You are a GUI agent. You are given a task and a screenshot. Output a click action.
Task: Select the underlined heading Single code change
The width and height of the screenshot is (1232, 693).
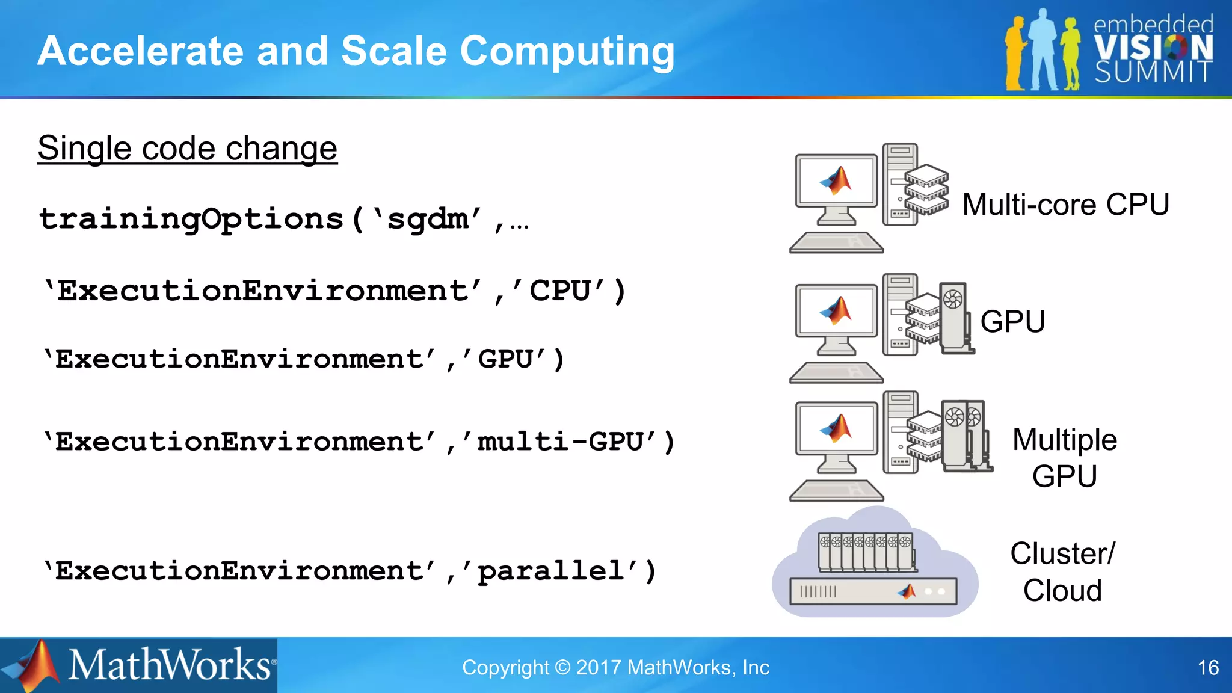pyautogui.click(x=187, y=148)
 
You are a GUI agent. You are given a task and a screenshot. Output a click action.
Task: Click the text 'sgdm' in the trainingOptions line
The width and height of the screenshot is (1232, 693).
pyautogui.click(x=428, y=218)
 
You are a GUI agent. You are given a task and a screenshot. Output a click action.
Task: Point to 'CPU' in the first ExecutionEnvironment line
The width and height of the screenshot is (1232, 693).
pyautogui.click(x=559, y=291)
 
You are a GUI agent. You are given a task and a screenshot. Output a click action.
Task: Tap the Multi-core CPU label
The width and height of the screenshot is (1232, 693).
pyautogui.click(x=1065, y=205)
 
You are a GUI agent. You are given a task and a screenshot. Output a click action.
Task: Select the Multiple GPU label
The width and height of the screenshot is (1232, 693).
pyautogui.click(x=1064, y=458)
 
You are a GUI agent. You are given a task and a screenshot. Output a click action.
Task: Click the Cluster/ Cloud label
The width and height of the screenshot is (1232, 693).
pyautogui.click(x=1062, y=571)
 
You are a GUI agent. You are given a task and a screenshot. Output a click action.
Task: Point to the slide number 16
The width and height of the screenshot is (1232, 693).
pyautogui.click(x=1208, y=668)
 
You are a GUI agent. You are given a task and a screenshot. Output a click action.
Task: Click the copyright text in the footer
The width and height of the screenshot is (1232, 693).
pyautogui.click(x=615, y=668)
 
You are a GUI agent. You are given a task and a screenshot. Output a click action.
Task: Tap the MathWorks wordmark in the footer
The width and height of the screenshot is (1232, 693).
pyautogui.click(x=170, y=665)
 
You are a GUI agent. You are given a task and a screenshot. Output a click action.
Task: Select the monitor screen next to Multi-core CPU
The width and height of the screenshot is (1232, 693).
pyautogui.click(x=836, y=180)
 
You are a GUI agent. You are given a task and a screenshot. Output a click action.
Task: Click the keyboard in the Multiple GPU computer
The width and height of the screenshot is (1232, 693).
pyautogui.click(x=836, y=491)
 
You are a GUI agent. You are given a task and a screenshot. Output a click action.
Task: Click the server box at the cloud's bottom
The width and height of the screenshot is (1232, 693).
pyautogui.click(x=873, y=591)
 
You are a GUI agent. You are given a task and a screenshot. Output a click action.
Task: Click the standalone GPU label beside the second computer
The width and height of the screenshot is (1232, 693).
pyautogui.click(x=1012, y=321)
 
